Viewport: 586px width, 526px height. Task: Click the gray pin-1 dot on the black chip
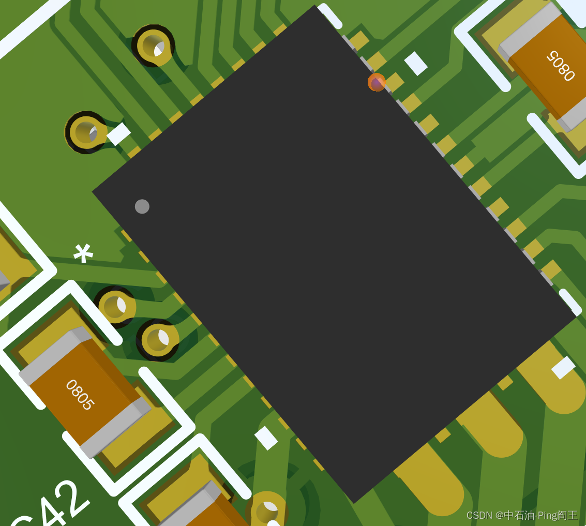[142, 206]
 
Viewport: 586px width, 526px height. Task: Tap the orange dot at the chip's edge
[377, 82]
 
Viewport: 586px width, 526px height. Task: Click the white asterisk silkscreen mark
[83, 253]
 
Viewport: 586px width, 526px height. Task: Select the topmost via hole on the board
[153, 45]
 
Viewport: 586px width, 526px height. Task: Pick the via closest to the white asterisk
[115, 307]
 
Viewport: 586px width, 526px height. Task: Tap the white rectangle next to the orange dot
[416, 63]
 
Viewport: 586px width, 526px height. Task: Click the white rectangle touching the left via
[118, 134]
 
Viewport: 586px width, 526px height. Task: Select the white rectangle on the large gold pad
[563, 367]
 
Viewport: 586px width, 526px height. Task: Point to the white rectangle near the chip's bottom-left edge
[266, 438]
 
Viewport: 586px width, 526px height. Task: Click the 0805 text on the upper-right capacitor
[561, 66]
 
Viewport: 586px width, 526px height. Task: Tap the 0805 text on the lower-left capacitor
[80, 395]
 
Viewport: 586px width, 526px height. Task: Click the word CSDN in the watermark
[479, 516]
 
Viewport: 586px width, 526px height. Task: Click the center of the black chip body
[334, 253]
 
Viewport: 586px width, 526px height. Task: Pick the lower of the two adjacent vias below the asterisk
[158, 340]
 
